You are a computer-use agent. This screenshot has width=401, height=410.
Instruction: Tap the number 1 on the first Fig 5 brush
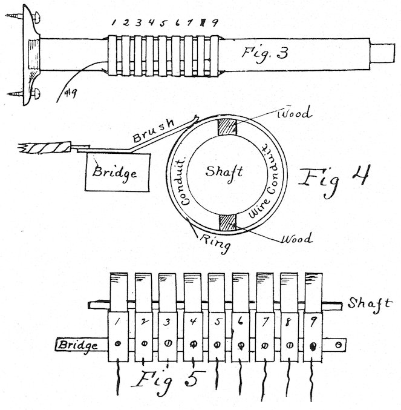coord(120,322)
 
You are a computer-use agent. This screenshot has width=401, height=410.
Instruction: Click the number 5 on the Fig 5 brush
coord(217,323)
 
